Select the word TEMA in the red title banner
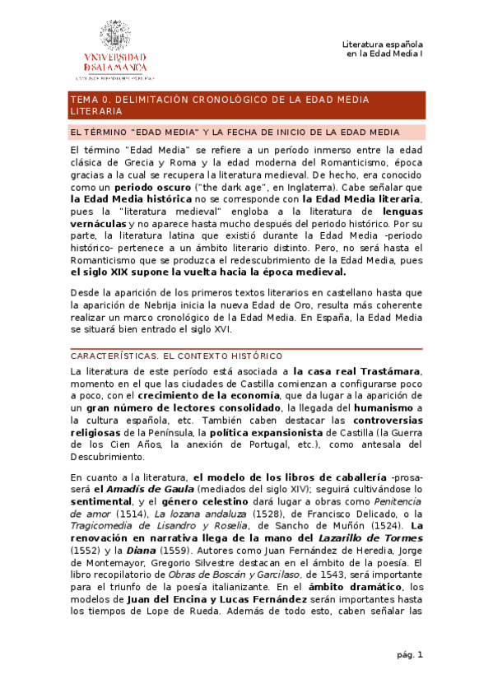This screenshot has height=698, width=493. coord(85,99)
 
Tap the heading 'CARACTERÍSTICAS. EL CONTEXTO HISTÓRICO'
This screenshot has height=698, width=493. coord(176,356)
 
